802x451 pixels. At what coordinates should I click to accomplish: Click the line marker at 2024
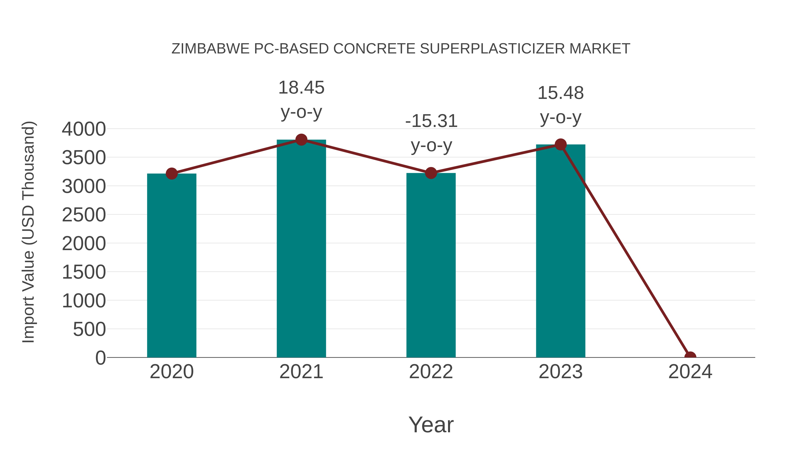pyautogui.click(x=690, y=357)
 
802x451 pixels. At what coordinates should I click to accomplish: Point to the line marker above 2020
pyautogui.click(x=172, y=173)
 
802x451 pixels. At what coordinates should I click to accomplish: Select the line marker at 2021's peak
pyautogui.click(x=301, y=140)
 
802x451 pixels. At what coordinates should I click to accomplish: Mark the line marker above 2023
pyautogui.click(x=561, y=144)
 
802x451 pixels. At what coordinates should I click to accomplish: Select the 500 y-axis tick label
pyautogui.click(x=89, y=329)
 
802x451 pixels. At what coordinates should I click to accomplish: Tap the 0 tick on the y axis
pyautogui.click(x=100, y=358)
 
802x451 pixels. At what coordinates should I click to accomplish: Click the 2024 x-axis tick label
pyautogui.click(x=690, y=372)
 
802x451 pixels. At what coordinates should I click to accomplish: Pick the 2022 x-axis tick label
pyautogui.click(x=431, y=372)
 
